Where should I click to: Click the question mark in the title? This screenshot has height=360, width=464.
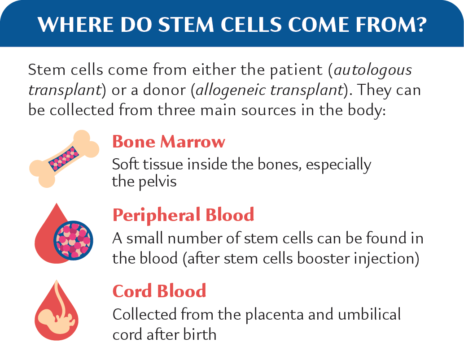tap(420, 24)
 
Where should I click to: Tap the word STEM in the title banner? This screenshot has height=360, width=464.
tap(186, 24)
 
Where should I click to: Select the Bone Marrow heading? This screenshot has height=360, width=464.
tap(169, 142)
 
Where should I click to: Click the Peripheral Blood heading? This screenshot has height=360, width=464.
tap(183, 215)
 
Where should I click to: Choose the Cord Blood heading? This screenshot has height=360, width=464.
tap(159, 291)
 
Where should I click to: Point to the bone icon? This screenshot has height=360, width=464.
tap(64, 159)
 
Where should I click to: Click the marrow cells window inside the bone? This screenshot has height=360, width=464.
tap(64, 158)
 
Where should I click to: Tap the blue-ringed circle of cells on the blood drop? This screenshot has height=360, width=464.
tap(73, 241)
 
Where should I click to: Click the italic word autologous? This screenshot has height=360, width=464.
tap(373, 70)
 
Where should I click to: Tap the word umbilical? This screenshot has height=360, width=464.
tap(369, 314)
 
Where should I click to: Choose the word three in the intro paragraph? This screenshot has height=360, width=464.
tap(176, 110)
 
